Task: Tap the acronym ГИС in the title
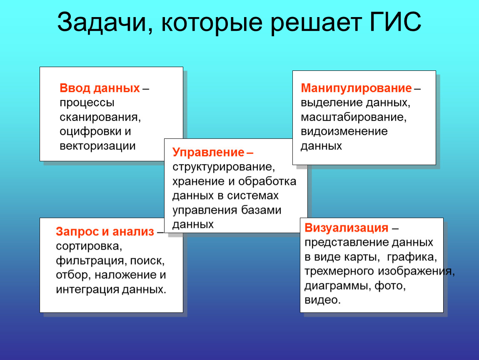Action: click(x=395, y=22)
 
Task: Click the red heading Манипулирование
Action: click(x=356, y=88)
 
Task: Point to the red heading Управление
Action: click(x=208, y=152)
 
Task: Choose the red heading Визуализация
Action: click(x=347, y=227)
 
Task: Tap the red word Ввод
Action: click(x=75, y=88)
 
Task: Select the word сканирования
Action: click(x=100, y=117)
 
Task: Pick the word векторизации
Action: click(x=97, y=146)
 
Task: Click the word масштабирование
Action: click(x=354, y=117)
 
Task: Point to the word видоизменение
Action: click(x=344, y=131)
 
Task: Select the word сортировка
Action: click(x=89, y=246)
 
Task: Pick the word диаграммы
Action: click(x=338, y=286)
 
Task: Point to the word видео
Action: click(x=322, y=300)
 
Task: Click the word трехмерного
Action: click(x=339, y=271)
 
